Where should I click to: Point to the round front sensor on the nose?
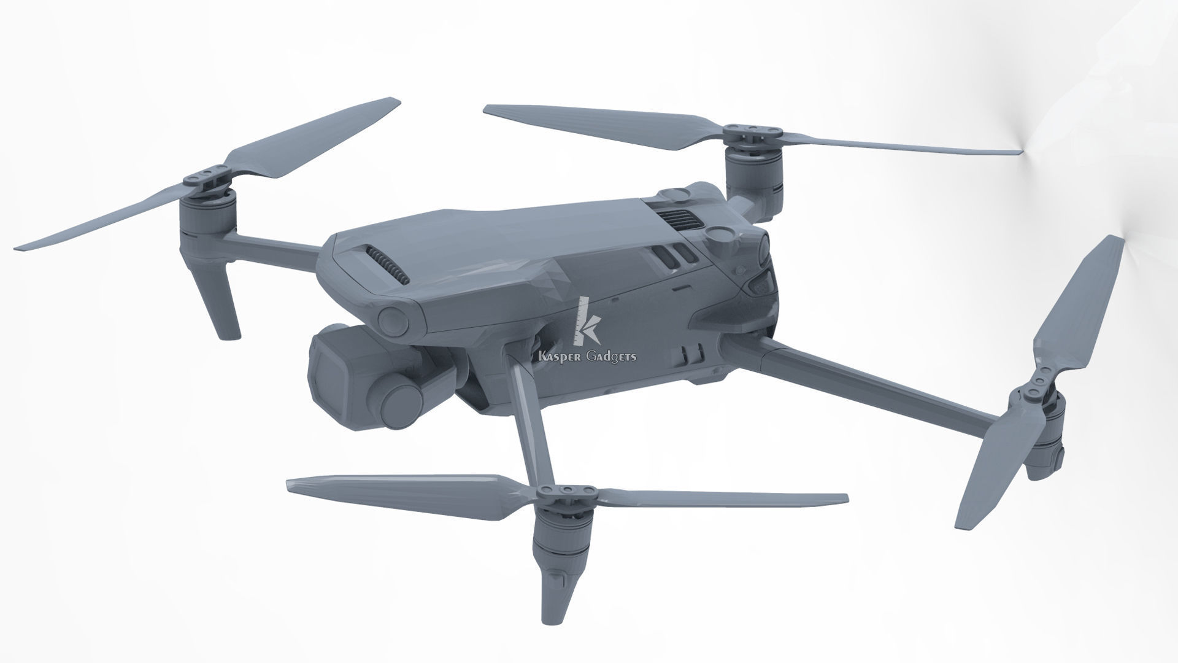pyautogui.click(x=393, y=319)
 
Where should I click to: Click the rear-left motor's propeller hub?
pyautogui.click(x=752, y=130)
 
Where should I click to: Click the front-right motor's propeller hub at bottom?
pyautogui.click(x=566, y=490)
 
